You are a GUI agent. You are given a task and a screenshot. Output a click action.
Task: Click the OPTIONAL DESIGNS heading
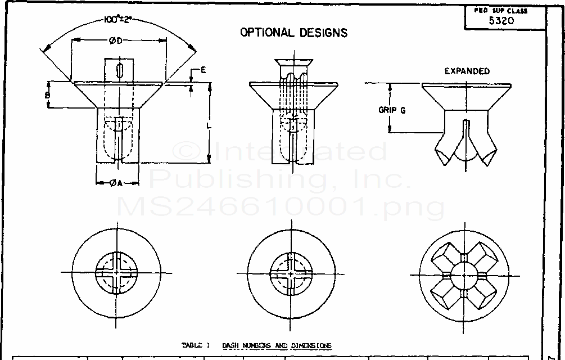point(293,33)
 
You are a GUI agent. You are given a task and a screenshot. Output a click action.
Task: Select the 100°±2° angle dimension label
point(119,20)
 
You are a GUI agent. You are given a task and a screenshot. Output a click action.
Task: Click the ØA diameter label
point(116,182)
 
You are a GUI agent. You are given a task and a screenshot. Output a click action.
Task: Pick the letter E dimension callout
point(203,70)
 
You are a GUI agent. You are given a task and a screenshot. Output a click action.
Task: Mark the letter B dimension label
point(48,96)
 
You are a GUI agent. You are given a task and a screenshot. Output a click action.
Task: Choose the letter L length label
point(209,127)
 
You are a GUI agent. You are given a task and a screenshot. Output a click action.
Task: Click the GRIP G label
point(392,110)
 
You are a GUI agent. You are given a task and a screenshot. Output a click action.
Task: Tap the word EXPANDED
point(467,71)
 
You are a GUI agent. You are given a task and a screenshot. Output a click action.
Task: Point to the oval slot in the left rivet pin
point(119,72)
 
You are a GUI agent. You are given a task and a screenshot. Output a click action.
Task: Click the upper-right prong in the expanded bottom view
point(485,255)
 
